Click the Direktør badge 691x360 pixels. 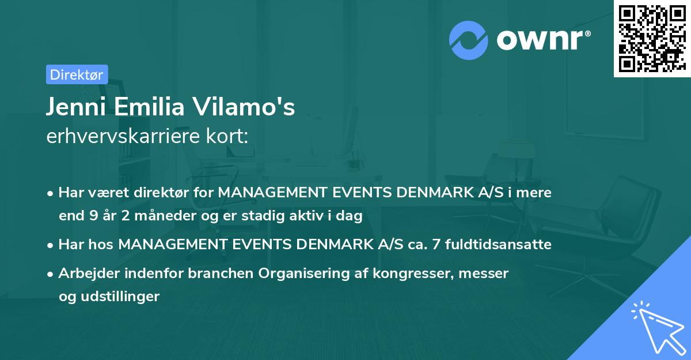pos(77,74)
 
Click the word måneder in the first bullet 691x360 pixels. pos(154,216)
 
